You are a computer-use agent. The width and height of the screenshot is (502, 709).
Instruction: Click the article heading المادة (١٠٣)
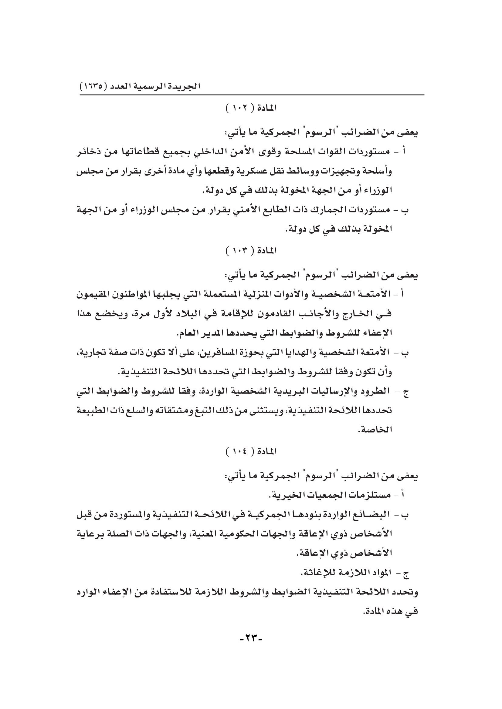pos(251,251)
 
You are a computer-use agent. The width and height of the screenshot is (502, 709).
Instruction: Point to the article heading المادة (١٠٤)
pos(251,452)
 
